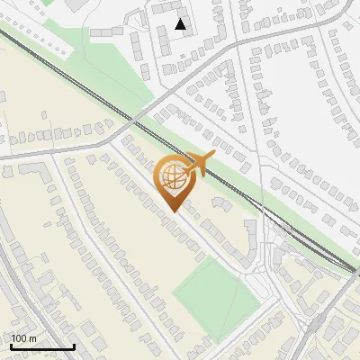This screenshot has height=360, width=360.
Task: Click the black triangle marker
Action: (x=181, y=24)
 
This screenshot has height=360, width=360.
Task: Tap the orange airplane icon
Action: (x=198, y=165)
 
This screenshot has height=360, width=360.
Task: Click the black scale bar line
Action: (x=42, y=346)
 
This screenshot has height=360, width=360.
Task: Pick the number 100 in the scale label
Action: (x=21, y=337)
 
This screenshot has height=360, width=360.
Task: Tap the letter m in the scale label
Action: (x=33, y=337)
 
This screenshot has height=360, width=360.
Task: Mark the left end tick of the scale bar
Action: (x=11, y=345)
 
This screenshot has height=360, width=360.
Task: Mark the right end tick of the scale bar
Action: (x=74, y=345)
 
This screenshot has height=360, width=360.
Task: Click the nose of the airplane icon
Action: (x=214, y=155)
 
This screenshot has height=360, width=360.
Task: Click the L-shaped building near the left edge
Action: (x=27, y=171)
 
